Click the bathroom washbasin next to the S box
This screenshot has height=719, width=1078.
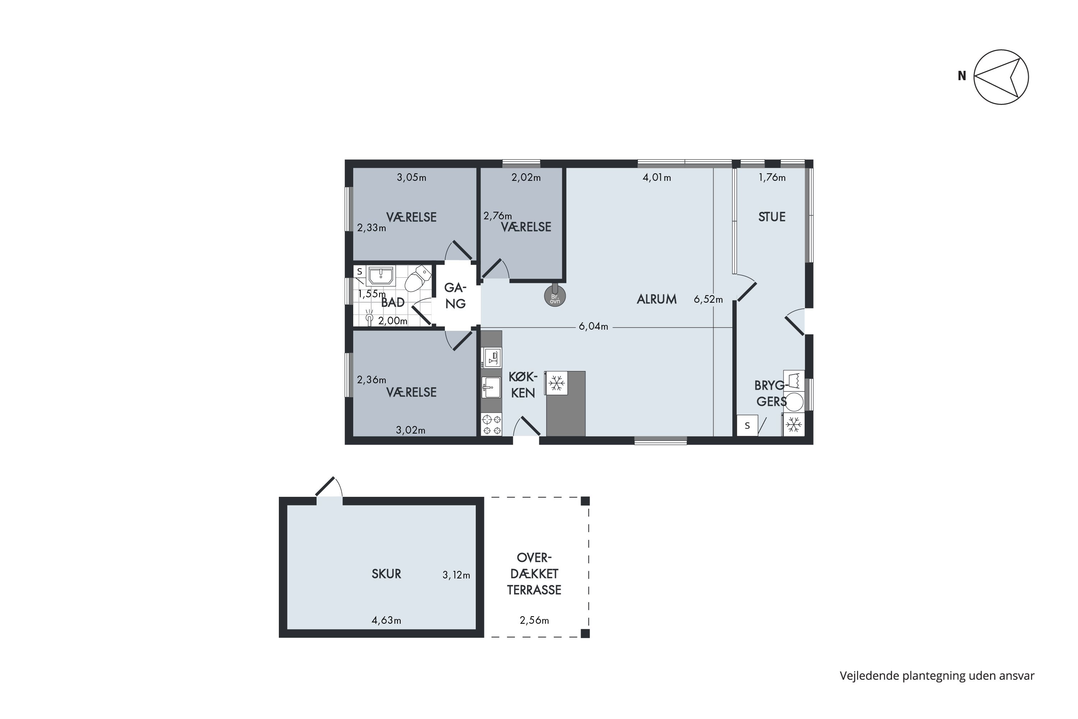coord(381,276)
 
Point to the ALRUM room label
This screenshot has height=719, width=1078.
coord(657,299)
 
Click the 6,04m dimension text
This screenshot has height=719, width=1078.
coord(593,326)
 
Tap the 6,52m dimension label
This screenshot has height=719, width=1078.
coord(708,299)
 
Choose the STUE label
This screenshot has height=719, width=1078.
coord(772,217)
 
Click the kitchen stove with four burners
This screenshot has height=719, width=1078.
coord(491,424)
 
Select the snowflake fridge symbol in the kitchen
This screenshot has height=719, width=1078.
coord(556,383)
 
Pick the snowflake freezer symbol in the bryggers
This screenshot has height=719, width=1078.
coord(793,425)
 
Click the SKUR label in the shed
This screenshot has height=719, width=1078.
coord(386,574)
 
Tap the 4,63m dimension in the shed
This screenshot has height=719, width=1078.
coord(386,620)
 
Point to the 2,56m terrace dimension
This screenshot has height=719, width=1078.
coord(534,620)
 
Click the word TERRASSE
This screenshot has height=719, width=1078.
coord(534,590)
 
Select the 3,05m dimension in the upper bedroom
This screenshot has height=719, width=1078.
coord(411,178)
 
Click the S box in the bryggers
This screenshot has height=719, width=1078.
coord(747,426)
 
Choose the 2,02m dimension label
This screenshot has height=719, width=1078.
coord(526,178)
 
